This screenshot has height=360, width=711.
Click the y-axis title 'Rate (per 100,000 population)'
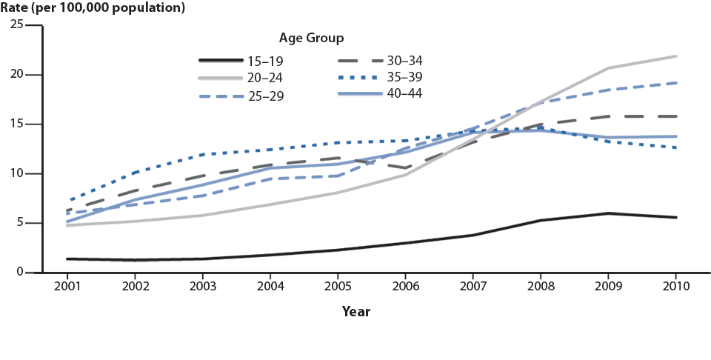(x=93, y=9)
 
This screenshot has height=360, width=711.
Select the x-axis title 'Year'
(x=355, y=312)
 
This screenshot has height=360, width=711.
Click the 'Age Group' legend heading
(x=310, y=38)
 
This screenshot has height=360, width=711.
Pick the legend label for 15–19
(x=265, y=61)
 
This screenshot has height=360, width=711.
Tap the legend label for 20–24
(x=265, y=77)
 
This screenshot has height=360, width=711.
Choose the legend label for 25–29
(x=265, y=96)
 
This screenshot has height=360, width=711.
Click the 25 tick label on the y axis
(x=16, y=25)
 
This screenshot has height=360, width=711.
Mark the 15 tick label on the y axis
(x=16, y=124)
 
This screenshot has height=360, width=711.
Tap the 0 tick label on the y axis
(x=20, y=273)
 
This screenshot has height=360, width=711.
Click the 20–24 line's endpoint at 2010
(x=675, y=56)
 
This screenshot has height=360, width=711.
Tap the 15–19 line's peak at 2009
(x=608, y=213)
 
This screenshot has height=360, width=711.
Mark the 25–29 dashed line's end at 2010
(x=675, y=83)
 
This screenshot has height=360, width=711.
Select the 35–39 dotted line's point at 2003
(x=204, y=154)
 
